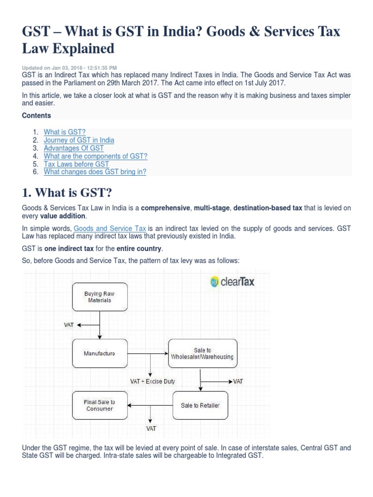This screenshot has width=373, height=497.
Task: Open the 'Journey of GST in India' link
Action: point(79,140)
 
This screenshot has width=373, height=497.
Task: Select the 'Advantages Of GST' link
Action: point(74,148)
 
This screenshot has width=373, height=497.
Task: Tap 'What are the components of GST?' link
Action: point(95,156)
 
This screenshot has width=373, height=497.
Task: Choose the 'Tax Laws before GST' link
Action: point(76,164)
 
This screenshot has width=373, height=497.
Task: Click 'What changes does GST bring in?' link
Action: point(95,172)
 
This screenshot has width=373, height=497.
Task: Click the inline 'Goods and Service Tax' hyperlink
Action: point(110,228)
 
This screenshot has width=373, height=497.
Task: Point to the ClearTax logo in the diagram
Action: point(232,282)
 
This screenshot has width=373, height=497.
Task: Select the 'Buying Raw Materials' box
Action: point(99,297)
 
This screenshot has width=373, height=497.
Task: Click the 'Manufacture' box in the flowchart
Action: point(99,353)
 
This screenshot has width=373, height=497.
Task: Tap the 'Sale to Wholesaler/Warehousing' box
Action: point(202,353)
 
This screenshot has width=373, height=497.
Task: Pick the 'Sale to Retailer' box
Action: point(200,405)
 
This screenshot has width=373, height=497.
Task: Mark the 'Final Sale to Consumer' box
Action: point(99,405)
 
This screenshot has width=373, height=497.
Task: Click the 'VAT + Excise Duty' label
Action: point(153,381)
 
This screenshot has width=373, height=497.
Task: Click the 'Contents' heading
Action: point(36,116)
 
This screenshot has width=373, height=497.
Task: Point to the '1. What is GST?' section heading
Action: point(67,193)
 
